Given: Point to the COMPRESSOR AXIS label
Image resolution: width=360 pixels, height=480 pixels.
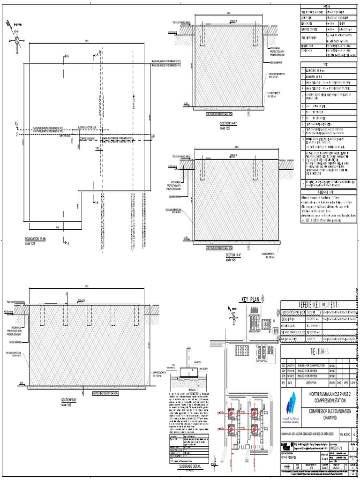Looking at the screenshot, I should pyautogui.click(x=90, y=139).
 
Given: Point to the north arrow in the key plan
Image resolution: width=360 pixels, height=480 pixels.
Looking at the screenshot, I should pyautogui.click(x=232, y=313).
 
